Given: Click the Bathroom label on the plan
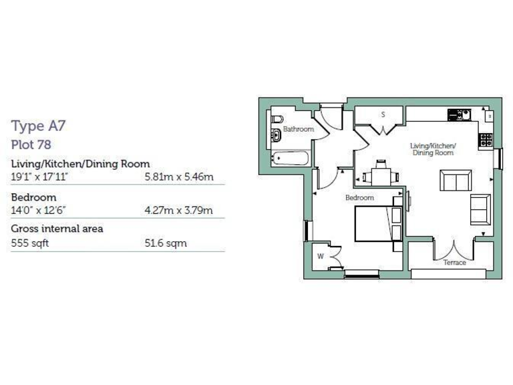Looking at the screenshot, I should [298, 129].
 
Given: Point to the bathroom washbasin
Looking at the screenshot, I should [276, 136].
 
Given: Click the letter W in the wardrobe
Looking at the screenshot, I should [321, 256].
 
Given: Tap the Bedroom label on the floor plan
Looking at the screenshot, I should [359, 198].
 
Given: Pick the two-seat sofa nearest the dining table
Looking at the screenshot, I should [455, 180].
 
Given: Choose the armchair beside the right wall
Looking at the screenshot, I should [480, 209].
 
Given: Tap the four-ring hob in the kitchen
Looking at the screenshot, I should [486, 140].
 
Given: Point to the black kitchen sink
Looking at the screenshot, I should [459, 115].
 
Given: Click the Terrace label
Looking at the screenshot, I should [455, 263].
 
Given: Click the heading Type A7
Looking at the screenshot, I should [38, 126].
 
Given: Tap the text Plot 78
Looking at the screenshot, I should [31, 144].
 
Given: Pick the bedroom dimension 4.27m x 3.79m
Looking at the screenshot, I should [178, 211].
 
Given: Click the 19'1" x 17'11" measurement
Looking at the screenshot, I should [40, 177].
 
